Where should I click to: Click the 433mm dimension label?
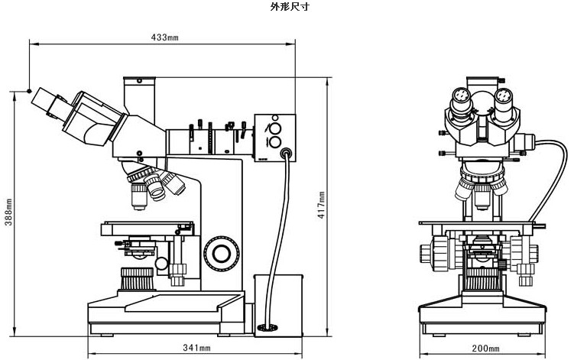(x=164, y=37)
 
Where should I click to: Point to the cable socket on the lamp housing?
(x=287, y=154)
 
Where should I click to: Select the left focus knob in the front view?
(x=435, y=253)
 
